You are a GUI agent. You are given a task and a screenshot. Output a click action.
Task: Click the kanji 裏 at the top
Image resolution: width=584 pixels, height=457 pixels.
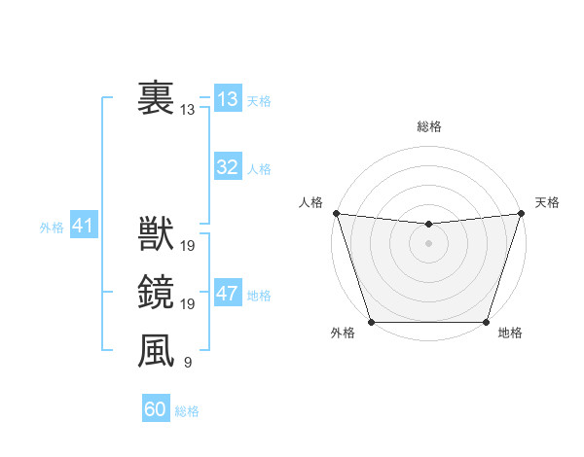click(x=156, y=98)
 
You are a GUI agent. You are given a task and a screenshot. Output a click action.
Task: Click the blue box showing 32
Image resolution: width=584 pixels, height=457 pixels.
click(x=228, y=167)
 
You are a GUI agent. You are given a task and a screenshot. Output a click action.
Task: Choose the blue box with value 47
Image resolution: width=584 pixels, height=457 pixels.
click(x=228, y=294)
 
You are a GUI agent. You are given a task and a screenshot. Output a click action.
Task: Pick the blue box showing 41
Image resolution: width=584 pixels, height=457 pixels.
click(x=83, y=227)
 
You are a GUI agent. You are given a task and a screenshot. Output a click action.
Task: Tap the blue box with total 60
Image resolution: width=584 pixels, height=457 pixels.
click(x=156, y=409)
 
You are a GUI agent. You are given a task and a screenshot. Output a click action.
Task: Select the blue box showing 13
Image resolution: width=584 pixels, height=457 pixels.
click(x=228, y=99)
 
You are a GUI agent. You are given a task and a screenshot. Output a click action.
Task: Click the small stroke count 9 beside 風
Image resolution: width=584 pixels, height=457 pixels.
click(x=188, y=363)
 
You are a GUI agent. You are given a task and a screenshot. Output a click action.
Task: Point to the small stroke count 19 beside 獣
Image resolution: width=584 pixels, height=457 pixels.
click(x=188, y=246)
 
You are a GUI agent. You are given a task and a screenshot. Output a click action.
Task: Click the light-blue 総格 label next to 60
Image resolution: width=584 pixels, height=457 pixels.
click(x=187, y=411)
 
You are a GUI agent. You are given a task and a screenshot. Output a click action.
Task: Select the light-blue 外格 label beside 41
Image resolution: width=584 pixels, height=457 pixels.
click(x=52, y=228)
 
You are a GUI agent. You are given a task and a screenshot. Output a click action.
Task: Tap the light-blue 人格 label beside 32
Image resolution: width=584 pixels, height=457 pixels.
click(x=259, y=169)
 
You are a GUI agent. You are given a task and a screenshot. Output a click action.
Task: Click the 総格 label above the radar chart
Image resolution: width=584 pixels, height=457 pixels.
click(x=428, y=126)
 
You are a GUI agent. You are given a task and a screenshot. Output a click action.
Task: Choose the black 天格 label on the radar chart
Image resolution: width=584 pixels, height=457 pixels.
click(x=547, y=202)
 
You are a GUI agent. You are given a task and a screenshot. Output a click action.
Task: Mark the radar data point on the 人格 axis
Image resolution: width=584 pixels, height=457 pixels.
click(x=336, y=212)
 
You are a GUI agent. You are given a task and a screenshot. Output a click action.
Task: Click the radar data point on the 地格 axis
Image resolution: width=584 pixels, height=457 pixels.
click(x=486, y=322)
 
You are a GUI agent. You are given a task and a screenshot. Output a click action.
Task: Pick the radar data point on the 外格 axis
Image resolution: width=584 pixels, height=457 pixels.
click(x=371, y=322)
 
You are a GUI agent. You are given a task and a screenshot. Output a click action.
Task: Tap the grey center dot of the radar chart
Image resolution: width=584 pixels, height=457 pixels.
click(x=428, y=243)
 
